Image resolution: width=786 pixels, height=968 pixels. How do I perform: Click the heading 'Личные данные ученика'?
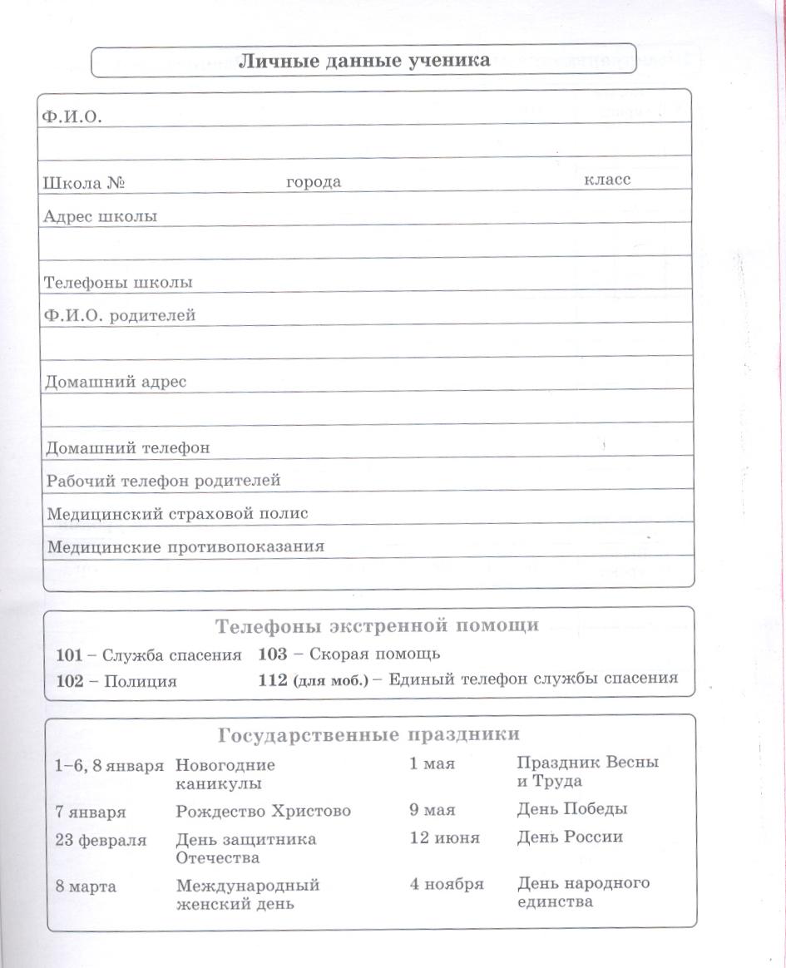pyautogui.click(x=363, y=60)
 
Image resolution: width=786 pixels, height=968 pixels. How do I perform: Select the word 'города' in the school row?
pyautogui.click(x=314, y=182)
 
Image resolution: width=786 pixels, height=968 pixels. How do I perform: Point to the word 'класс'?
pyautogui.click(x=607, y=179)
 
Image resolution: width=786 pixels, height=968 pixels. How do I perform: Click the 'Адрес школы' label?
pyautogui.click(x=100, y=216)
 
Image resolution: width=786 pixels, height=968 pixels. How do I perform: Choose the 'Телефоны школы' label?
pyautogui.click(x=118, y=282)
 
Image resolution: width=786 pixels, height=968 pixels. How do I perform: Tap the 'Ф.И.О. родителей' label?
pyautogui.click(x=120, y=315)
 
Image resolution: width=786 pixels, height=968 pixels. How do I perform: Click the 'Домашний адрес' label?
pyautogui.click(x=115, y=382)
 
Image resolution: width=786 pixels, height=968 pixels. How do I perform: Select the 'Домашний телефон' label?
pyautogui.click(x=127, y=447)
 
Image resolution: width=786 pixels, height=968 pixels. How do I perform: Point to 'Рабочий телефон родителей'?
pyautogui.click(x=163, y=481)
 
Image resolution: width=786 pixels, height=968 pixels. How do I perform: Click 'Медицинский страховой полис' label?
pyautogui.click(x=177, y=514)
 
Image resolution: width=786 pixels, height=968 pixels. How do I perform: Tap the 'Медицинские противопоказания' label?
pyautogui.click(x=185, y=546)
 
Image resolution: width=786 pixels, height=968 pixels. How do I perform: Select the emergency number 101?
pyautogui.click(x=70, y=654)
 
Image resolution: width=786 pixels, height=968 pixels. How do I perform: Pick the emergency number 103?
pyautogui.click(x=273, y=654)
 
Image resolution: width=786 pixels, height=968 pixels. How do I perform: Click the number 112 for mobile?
pyautogui.click(x=273, y=679)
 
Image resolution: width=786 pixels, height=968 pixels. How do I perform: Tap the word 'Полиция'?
pyautogui.click(x=140, y=681)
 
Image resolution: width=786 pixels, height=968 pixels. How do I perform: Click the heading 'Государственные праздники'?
pyautogui.click(x=369, y=735)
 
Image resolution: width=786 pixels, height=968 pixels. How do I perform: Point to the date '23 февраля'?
pyautogui.click(x=101, y=840)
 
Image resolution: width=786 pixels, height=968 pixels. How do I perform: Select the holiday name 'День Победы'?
pyautogui.click(x=572, y=809)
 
